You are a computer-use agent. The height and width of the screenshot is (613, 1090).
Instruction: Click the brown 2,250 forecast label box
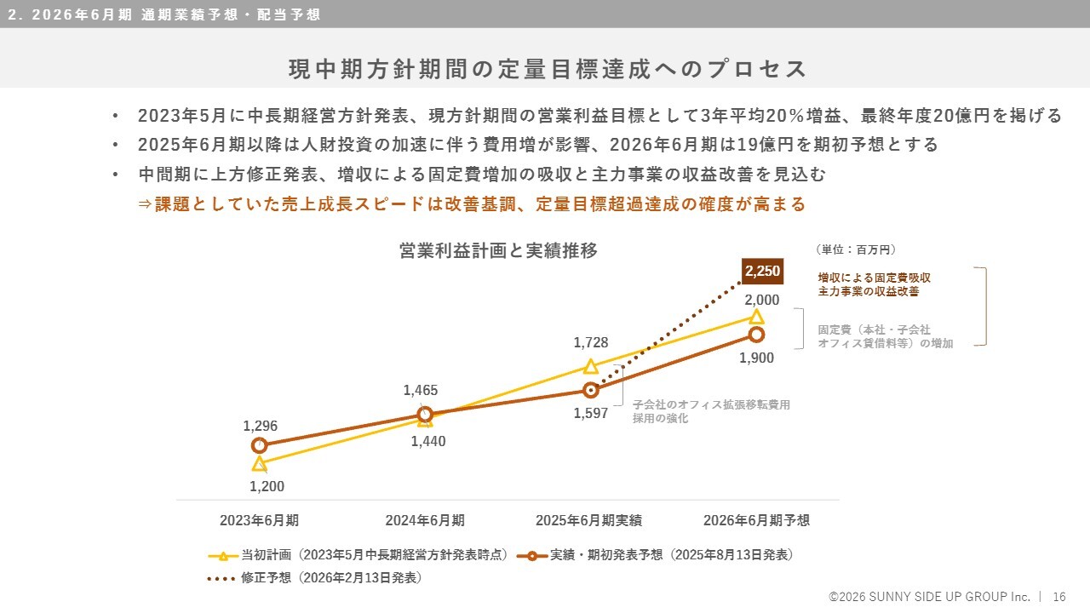coord(762,271)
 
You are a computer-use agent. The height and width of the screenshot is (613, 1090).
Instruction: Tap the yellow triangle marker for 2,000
coord(755,317)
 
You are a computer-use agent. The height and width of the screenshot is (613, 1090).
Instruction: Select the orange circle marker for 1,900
coord(756,334)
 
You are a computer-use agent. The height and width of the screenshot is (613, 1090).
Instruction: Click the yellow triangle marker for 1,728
coord(590,366)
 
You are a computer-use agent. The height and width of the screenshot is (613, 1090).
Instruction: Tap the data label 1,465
coord(421,391)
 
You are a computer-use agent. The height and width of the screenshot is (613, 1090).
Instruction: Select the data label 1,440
coord(427,441)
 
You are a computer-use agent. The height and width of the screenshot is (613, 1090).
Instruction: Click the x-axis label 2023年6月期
coord(259,520)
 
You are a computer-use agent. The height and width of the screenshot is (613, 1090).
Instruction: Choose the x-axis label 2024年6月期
coord(425,520)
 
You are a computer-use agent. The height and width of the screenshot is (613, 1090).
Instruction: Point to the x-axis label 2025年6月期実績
coord(588,520)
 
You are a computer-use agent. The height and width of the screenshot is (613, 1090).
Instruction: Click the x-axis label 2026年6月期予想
coord(756,520)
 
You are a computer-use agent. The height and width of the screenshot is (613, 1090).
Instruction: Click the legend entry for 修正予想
coord(315,578)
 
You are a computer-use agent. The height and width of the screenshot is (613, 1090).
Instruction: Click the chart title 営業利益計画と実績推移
coord(498,250)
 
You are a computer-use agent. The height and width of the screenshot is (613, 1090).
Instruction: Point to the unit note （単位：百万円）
coord(856,249)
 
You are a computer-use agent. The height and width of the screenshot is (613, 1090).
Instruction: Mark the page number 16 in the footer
coord(1059,597)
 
